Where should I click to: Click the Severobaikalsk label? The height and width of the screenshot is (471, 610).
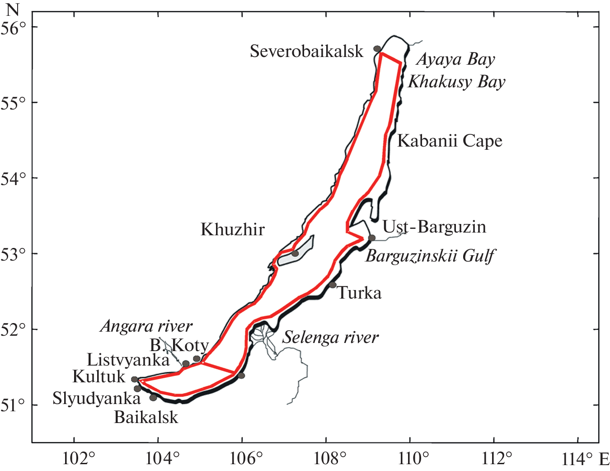pyautogui.click(x=306, y=52)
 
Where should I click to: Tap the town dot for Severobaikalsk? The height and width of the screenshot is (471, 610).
pyautogui.click(x=377, y=49)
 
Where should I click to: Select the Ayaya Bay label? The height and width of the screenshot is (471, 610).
pyautogui.click(x=455, y=59)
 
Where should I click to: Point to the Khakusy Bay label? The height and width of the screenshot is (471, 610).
pyautogui.click(x=456, y=82)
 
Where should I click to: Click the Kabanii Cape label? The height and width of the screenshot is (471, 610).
pyautogui.click(x=450, y=141)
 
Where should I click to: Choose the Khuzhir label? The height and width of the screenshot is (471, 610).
pyautogui.click(x=232, y=230)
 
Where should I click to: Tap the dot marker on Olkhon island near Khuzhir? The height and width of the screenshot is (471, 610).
pyautogui.click(x=295, y=253)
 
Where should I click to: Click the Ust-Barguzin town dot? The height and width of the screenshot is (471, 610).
pyautogui.click(x=371, y=238)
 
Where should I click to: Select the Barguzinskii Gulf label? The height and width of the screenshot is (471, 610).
pyautogui.click(x=430, y=256)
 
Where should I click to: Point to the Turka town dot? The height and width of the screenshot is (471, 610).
pyautogui.click(x=333, y=285)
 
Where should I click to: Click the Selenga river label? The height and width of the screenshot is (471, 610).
pyautogui.click(x=330, y=338)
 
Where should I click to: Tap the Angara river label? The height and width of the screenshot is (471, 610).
pyautogui.click(x=146, y=326)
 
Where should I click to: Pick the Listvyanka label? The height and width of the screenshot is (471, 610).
pyautogui.click(x=128, y=360)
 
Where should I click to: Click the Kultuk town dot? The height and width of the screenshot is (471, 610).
pyautogui.click(x=135, y=380)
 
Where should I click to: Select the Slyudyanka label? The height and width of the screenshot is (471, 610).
pyautogui.click(x=97, y=399)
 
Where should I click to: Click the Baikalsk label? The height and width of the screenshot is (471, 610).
pyautogui.click(x=146, y=417)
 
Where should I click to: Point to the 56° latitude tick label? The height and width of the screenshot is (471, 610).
pyautogui.click(x=14, y=28)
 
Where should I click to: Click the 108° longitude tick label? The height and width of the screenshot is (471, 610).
pyautogui.click(x=326, y=459)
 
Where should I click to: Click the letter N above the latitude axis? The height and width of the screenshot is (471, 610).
pyautogui.click(x=14, y=9)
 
